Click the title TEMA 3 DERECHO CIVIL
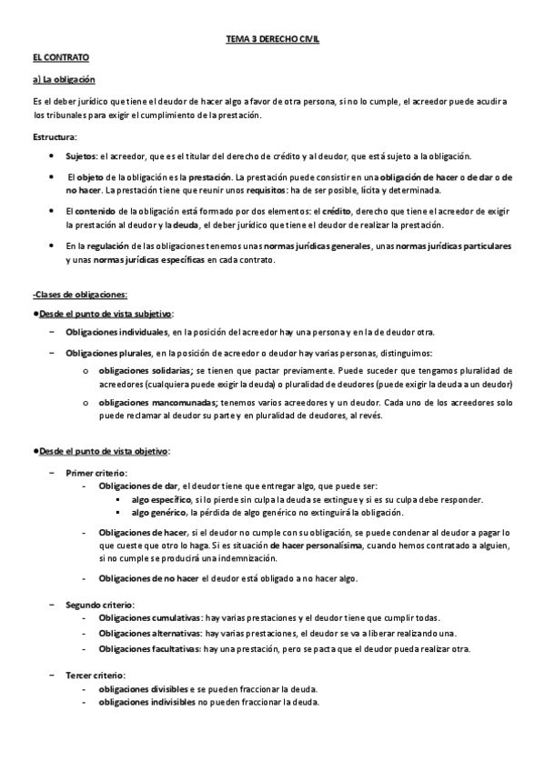[272, 41]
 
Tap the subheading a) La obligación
[63, 80]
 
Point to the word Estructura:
[55, 136]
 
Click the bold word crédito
[341, 210]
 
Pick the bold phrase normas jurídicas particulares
[451, 246]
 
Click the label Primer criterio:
[96, 473]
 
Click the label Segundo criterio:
[100, 604]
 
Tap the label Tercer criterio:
[96, 676]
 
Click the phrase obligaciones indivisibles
[144, 702]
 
